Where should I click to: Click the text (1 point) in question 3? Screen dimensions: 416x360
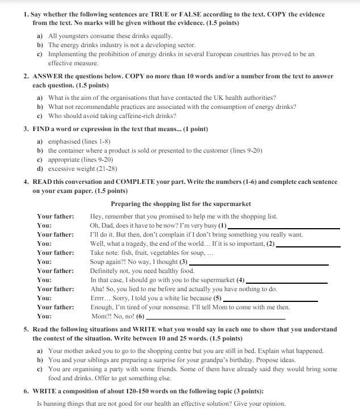pos(191,129)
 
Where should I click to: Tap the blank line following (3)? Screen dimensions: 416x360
pos(258,264)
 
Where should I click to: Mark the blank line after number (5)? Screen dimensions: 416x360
pos(269,300)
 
